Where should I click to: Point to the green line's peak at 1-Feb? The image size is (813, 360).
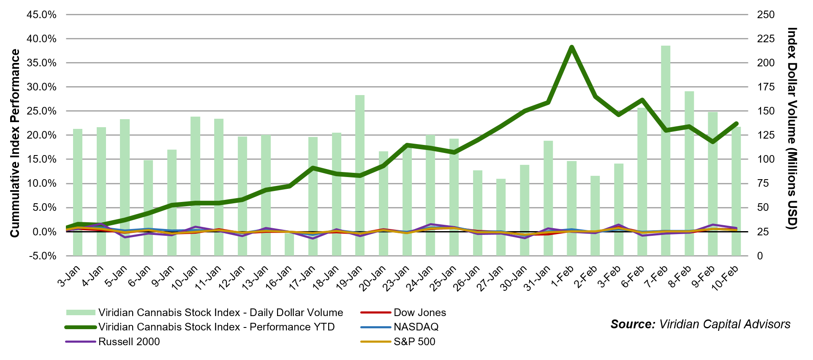[x=571, y=47]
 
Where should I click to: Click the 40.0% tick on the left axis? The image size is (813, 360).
[x=41, y=39]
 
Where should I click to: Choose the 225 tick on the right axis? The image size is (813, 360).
[x=766, y=39]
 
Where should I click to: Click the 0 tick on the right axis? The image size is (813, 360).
[x=760, y=256]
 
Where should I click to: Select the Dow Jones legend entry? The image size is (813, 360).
[x=419, y=313]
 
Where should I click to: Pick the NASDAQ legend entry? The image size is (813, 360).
[x=416, y=327]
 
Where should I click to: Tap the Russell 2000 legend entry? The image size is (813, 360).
[x=129, y=342]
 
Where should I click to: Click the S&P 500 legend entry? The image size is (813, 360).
[x=414, y=342]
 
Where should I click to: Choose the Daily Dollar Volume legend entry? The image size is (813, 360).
[x=220, y=313]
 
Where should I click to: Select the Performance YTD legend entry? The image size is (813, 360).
[x=216, y=327]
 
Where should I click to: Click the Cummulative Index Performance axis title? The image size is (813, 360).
[x=15, y=143]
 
